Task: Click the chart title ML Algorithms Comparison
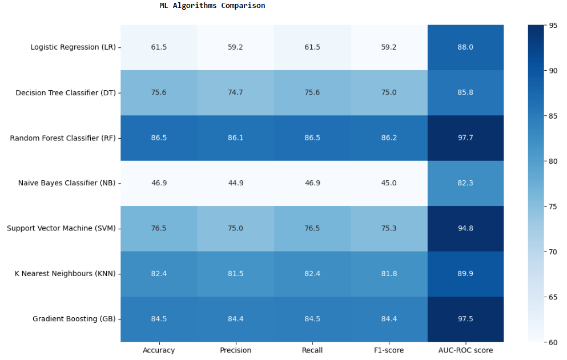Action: click(x=212, y=6)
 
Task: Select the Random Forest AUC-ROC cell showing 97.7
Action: click(x=465, y=138)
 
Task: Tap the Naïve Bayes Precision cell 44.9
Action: click(x=235, y=183)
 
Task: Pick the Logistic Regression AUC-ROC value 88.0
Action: click(x=465, y=47)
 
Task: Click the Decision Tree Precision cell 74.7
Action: click(x=235, y=92)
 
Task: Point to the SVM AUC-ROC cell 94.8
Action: click(x=465, y=228)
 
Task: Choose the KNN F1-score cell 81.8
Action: click(x=389, y=274)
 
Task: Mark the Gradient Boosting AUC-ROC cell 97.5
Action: click(x=465, y=319)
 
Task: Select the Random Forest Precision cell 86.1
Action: click(x=235, y=138)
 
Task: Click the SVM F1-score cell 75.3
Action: click(x=389, y=228)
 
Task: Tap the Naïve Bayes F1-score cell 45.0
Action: click(x=389, y=183)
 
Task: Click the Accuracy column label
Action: click(x=159, y=350)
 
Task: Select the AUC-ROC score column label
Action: click(x=465, y=350)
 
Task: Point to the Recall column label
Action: click(x=312, y=350)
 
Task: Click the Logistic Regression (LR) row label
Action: click(x=73, y=47)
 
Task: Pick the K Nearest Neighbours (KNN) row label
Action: click(x=65, y=274)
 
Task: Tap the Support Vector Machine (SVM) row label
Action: click(x=61, y=228)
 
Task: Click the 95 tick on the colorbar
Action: click(x=553, y=25)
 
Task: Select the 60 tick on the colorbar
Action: click(x=553, y=342)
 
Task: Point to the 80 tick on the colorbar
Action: click(x=553, y=161)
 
